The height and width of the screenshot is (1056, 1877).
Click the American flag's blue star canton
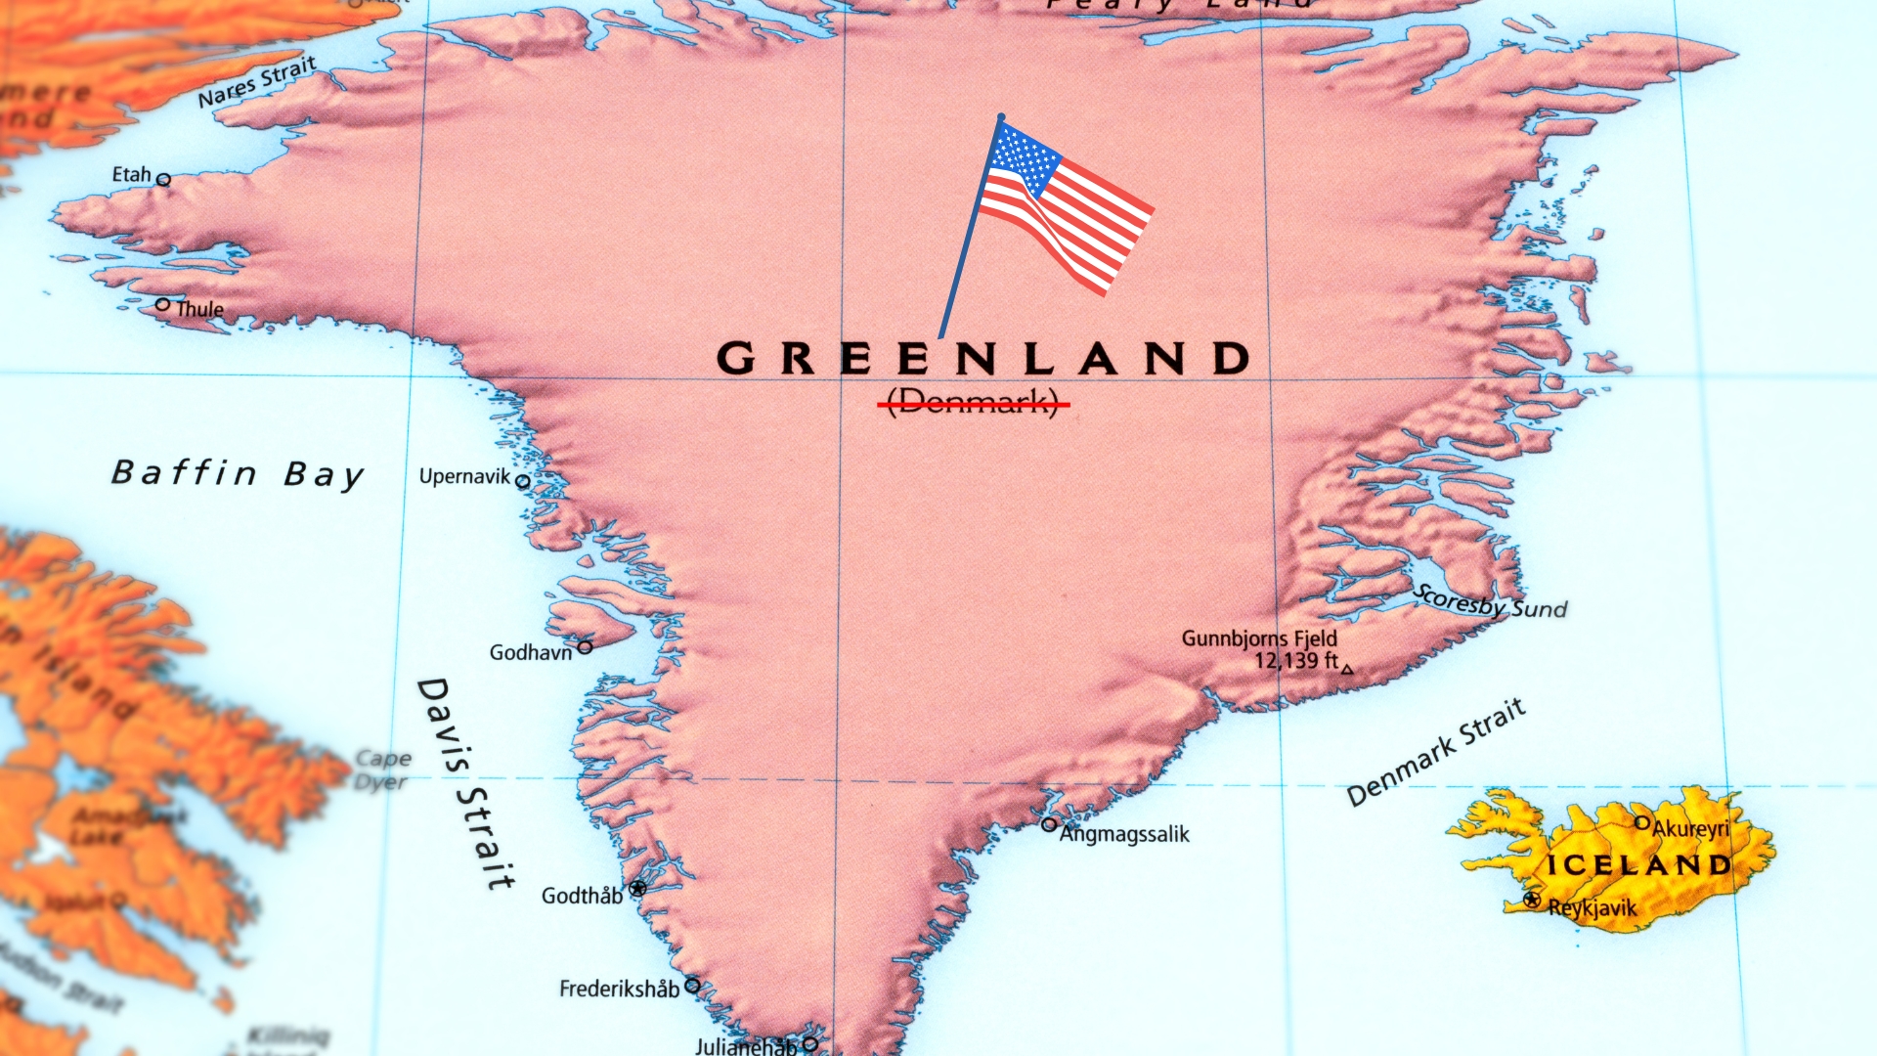pos(1024,159)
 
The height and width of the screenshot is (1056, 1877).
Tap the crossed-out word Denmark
pos(974,402)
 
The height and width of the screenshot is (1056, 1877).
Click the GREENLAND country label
pos(983,359)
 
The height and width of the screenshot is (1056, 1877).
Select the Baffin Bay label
pos(238,474)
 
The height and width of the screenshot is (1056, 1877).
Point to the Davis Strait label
pos(466,783)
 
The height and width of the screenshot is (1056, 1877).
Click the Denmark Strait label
pos(1435,752)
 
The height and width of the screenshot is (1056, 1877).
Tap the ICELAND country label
pos(1638,865)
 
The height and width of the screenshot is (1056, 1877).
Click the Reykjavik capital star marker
pos(1532,900)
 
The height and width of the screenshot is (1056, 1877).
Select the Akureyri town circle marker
pos(1642,823)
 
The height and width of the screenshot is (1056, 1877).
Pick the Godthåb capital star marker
pos(637,888)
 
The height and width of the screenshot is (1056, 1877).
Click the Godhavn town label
pos(530,652)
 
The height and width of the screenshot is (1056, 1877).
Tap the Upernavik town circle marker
pos(523,481)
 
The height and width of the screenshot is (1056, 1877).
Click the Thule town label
pos(200,309)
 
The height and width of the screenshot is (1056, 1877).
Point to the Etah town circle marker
pos(164,180)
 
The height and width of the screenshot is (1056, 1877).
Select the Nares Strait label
pos(257,82)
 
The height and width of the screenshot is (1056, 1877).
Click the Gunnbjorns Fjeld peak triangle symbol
pos(1347,670)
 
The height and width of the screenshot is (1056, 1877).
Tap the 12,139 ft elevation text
pos(1295,661)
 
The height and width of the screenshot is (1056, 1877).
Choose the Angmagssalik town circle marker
pos(1049,824)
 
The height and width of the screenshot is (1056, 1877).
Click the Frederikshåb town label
pos(619,990)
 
